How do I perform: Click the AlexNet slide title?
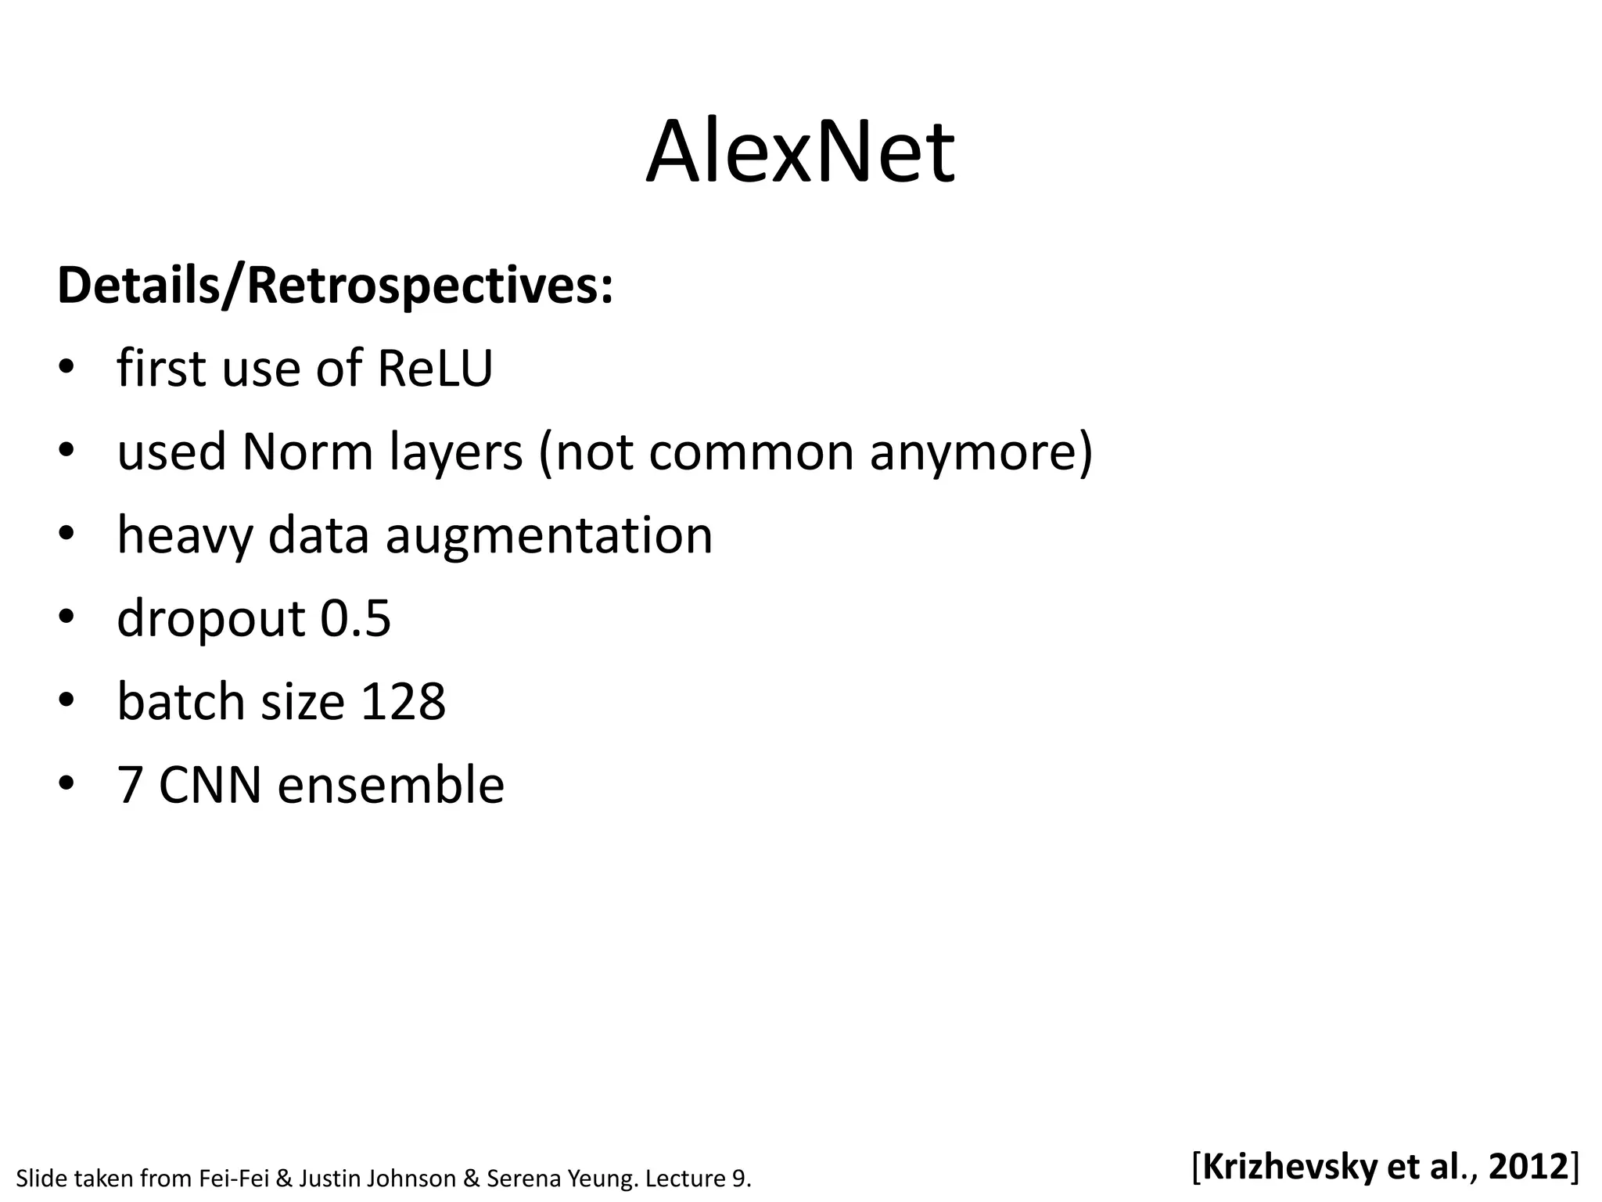799,153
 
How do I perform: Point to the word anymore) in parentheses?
981,453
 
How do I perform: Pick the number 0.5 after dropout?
355,618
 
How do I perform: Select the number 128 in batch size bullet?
403,701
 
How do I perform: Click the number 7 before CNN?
130,785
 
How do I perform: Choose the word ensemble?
390,785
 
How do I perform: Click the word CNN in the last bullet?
210,785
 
